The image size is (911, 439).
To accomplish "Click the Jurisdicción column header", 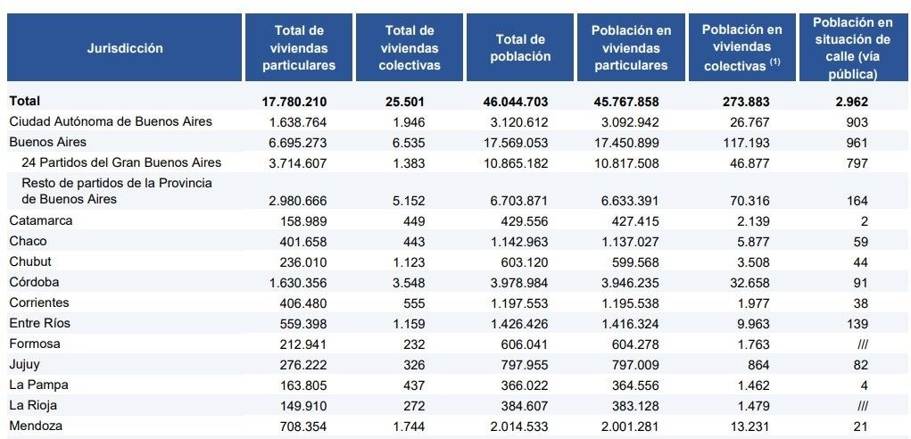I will (125, 48).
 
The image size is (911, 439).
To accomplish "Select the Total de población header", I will (521, 48).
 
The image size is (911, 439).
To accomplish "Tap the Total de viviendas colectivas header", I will (410, 48).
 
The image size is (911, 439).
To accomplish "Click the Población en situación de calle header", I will (852, 48).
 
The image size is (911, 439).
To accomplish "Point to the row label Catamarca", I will (41, 220).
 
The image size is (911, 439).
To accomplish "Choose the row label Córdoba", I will (36, 282).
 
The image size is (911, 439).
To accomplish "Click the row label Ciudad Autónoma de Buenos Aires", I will (111, 121).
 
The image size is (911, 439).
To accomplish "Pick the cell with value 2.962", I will (852, 102).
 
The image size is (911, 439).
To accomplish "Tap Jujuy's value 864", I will (755, 364).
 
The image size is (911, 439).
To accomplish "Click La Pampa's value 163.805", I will (300, 385).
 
